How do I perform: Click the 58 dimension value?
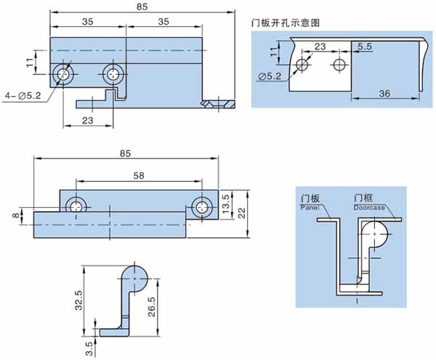(x=137, y=175)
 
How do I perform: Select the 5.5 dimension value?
(x=365, y=46)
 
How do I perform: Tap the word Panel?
(x=309, y=207)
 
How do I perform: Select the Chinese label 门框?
(x=363, y=198)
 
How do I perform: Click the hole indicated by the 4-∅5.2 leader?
(x=64, y=73)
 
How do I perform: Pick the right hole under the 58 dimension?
(x=201, y=207)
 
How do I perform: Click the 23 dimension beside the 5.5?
(x=320, y=46)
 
